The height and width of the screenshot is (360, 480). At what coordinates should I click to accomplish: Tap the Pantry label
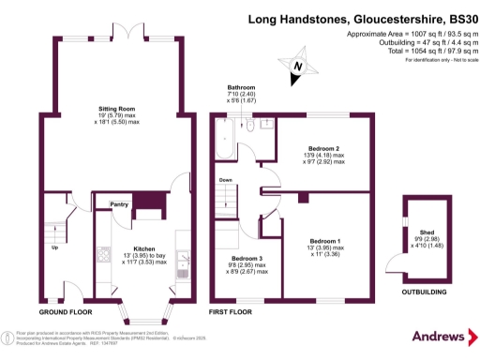pyautogui.click(x=119, y=203)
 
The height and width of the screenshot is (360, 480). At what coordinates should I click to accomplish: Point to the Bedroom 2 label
pyautogui.click(x=324, y=147)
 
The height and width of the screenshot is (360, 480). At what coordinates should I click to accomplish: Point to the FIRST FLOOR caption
pyautogui.click(x=232, y=310)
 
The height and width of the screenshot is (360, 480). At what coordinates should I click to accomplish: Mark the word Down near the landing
pyautogui.click(x=225, y=180)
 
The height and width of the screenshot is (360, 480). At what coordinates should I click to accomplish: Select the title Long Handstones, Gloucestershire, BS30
pyautogui.click(x=363, y=18)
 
